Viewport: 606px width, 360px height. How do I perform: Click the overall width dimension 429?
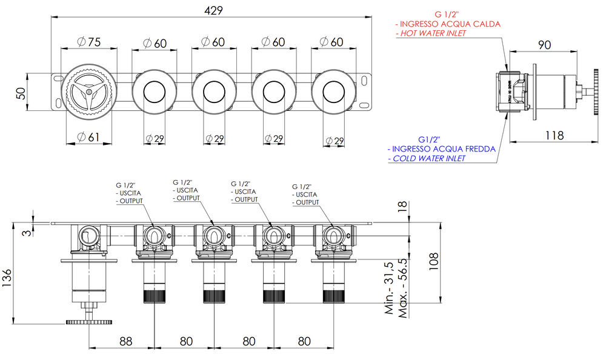coord(213,10)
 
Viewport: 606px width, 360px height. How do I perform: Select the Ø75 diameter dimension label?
coord(89,42)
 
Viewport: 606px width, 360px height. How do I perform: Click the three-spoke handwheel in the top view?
coord(89,92)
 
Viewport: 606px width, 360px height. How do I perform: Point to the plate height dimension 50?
coord(21,93)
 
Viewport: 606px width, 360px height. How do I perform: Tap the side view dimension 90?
coord(544,45)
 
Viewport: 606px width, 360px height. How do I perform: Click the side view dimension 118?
coord(554,135)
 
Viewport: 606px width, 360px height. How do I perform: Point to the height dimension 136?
coord(7,278)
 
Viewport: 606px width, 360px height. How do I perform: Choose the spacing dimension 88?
coord(125,341)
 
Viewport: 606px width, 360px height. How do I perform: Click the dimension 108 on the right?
coord(434,261)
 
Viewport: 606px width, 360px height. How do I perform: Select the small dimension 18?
coord(402,206)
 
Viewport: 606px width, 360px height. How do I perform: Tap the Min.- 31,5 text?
coord(389,288)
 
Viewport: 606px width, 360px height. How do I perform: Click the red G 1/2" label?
coord(447,15)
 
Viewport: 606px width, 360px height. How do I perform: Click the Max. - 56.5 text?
coord(402,288)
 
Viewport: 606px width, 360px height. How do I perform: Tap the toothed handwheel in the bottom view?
coord(89,322)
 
